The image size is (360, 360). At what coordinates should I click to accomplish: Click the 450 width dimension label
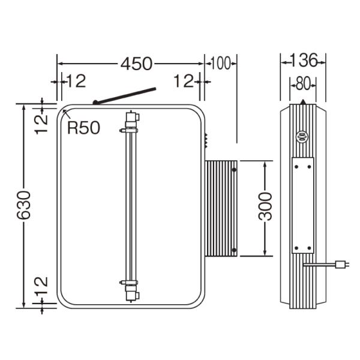(136, 64)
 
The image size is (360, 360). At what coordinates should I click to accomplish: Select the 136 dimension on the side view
(304, 61)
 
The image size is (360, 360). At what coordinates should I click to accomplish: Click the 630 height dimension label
(23, 205)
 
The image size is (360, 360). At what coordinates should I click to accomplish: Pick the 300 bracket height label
(265, 206)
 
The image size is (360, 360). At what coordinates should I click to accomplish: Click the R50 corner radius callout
(83, 128)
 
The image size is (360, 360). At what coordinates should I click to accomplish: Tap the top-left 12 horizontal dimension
(76, 81)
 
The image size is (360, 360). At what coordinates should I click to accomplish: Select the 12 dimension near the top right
(184, 81)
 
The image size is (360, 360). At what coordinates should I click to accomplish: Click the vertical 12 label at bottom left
(41, 286)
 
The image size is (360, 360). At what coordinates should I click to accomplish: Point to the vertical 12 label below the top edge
(41, 124)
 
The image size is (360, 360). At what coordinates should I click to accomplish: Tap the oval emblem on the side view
(302, 136)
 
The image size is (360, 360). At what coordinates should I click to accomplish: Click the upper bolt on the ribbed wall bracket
(234, 170)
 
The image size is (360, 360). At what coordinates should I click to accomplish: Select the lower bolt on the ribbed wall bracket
(234, 250)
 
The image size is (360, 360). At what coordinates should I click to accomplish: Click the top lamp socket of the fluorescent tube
(132, 121)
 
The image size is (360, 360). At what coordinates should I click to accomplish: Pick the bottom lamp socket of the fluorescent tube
(132, 291)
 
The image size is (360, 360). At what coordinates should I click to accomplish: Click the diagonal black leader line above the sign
(124, 96)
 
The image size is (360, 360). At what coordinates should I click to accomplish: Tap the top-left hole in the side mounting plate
(296, 167)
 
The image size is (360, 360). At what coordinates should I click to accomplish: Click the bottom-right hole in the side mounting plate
(309, 248)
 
